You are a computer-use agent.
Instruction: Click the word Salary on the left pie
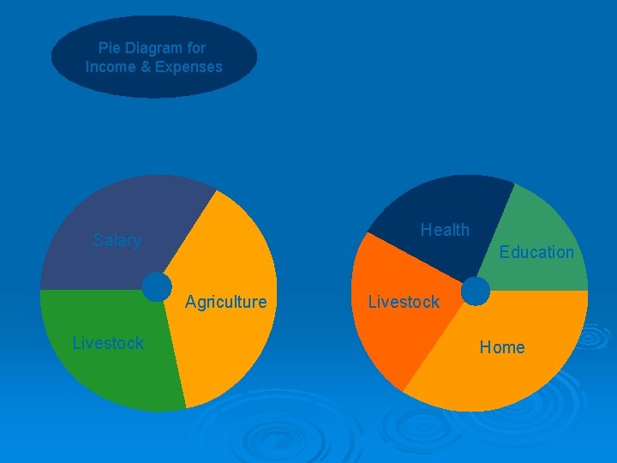[117, 240]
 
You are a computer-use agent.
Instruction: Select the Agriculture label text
[225, 302]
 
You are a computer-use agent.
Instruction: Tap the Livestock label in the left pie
[108, 344]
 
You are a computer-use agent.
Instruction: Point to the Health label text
[445, 230]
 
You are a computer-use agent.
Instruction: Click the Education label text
[536, 252]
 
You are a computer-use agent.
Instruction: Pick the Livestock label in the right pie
[403, 302]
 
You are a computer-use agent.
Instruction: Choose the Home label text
[502, 347]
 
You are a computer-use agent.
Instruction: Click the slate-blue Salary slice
[111, 214]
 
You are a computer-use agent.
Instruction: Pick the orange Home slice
[506, 377]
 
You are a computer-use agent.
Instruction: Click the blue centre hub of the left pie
[157, 287]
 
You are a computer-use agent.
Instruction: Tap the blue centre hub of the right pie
[475, 292]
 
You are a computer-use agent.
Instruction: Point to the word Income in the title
[108, 67]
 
